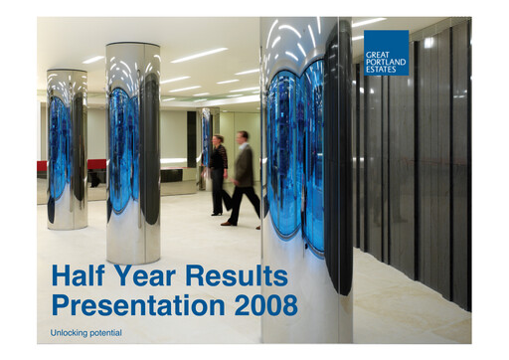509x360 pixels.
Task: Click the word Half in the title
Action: pyautogui.click(x=79, y=276)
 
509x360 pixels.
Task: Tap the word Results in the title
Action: pyautogui.click(x=238, y=276)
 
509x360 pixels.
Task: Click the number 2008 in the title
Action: pyautogui.click(x=265, y=304)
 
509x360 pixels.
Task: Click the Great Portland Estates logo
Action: pyautogui.click(x=386, y=53)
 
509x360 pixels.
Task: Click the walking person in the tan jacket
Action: pyautogui.click(x=242, y=179)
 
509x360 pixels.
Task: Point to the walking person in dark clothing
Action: pyautogui.click(x=218, y=176)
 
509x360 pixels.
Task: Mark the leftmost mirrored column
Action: pyautogui.click(x=67, y=149)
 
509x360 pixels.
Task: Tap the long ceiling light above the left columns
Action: pyautogui.click(x=198, y=56)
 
